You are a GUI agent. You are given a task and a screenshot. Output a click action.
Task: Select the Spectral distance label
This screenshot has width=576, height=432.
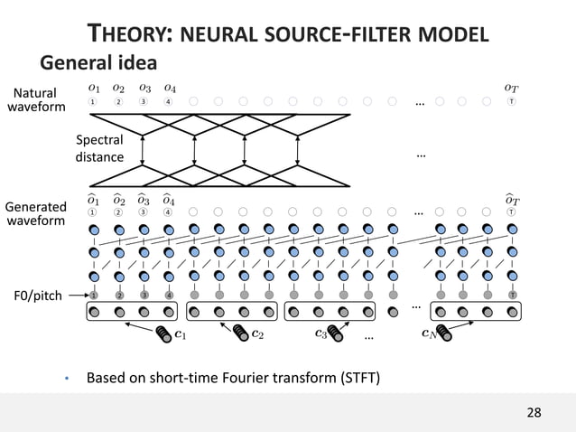[99, 149]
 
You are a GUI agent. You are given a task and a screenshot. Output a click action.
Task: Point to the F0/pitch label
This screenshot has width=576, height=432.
[39, 295]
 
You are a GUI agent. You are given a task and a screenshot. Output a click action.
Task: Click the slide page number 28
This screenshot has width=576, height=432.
[534, 413]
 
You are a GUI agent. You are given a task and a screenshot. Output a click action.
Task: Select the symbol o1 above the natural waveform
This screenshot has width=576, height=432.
[94, 88]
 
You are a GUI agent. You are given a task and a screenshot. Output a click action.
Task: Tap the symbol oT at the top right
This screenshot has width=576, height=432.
[512, 88]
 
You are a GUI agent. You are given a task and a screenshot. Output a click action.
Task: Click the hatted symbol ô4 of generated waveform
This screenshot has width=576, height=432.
[169, 198]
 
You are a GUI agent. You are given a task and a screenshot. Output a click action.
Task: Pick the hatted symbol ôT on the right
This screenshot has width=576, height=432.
[512, 198]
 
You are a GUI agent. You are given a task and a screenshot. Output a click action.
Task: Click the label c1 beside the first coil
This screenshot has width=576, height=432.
[181, 335]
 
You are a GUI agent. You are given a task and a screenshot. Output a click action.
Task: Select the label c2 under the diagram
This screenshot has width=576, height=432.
[257, 334]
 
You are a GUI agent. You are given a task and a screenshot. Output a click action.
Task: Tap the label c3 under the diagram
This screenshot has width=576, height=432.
[321, 334]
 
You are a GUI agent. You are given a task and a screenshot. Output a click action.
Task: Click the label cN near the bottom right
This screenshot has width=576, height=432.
[431, 334]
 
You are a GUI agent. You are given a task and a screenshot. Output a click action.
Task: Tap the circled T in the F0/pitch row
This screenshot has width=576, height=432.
[512, 295]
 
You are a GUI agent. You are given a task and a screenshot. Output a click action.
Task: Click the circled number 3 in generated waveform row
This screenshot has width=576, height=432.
[144, 212]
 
